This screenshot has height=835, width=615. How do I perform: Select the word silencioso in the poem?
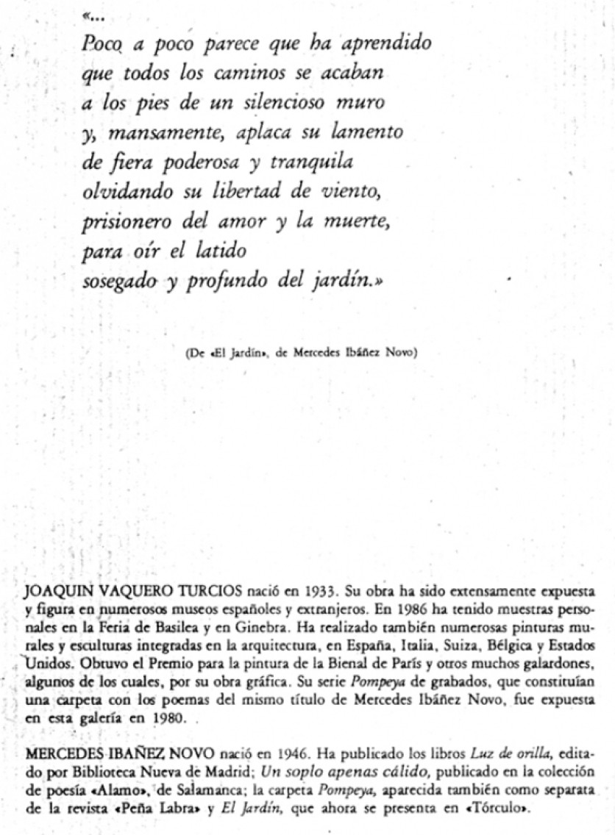click(x=283, y=104)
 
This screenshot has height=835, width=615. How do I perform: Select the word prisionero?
click(x=121, y=223)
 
